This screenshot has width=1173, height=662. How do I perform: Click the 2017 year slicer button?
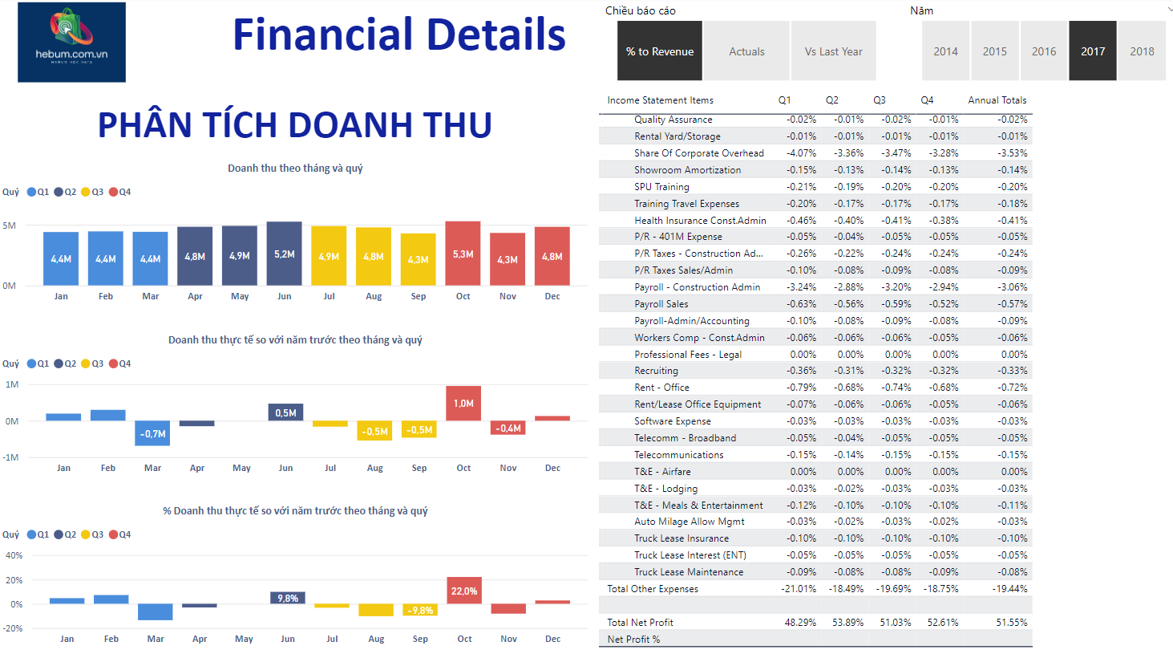[1092, 51]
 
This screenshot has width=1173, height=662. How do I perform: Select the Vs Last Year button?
[833, 51]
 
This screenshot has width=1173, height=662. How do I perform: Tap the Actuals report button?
[746, 51]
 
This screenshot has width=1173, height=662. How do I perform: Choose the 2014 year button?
[945, 51]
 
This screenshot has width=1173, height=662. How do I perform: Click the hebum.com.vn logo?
[71, 42]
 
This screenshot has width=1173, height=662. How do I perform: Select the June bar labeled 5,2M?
[284, 254]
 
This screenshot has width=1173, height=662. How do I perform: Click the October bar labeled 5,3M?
[463, 254]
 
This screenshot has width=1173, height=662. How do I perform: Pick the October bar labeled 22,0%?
[464, 591]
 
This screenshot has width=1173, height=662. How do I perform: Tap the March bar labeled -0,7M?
[152, 433]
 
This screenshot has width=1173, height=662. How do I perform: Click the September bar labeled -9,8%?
[420, 611]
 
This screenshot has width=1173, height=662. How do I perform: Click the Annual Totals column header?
[997, 100]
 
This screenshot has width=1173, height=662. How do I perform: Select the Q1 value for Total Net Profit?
[799, 623]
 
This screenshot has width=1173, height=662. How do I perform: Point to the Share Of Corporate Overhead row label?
[698, 153]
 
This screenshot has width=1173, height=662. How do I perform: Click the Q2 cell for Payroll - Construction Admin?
[848, 287]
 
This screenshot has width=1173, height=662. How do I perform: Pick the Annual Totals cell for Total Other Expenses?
[1010, 589]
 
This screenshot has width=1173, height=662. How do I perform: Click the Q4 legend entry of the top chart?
[120, 192]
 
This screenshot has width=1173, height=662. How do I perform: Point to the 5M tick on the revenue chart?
[10, 225]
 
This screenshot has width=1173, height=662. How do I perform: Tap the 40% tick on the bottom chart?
[14, 555]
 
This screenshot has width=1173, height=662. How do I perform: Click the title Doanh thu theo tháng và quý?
[295, 168]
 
